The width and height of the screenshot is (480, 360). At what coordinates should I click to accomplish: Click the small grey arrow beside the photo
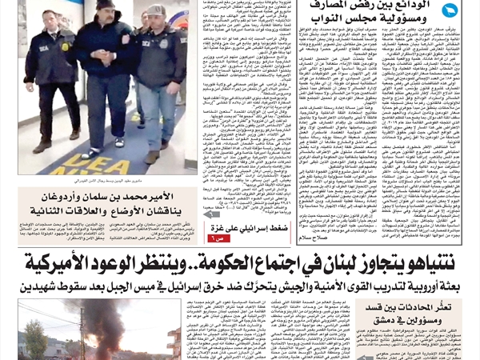tap(211, 214)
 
